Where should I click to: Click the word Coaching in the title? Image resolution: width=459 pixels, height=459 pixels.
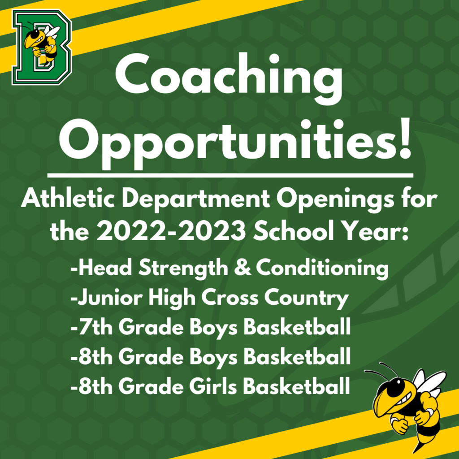coord(229,79)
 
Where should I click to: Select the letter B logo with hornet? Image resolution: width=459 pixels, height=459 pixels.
coord(42,47)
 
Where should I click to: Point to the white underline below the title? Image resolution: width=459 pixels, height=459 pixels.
coord(230,175)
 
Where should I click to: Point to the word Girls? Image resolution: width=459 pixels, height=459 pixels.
coord(213,386)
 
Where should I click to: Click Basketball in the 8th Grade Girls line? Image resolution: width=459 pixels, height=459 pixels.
coord(297,386)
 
